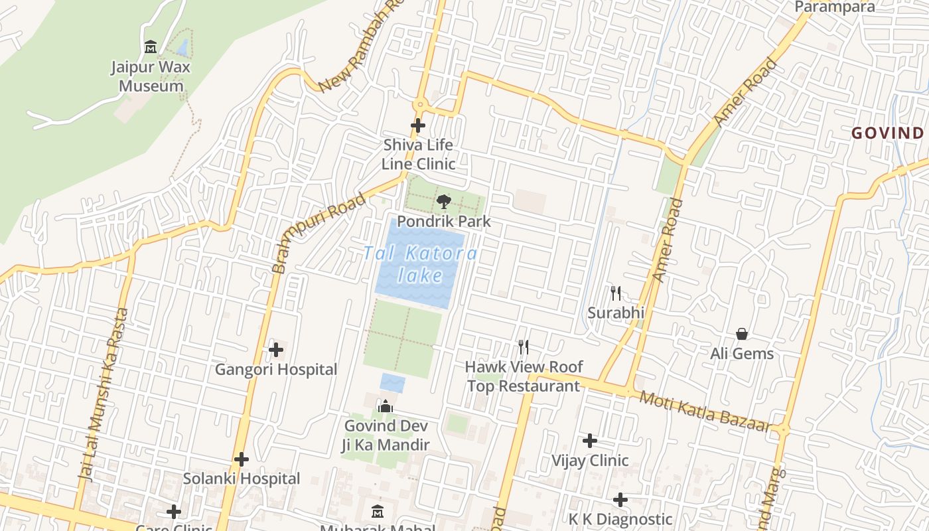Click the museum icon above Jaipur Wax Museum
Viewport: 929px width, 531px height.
pyautogui.click(x=151, y=47)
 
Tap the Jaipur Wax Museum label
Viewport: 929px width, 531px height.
pyautogui.click(x=151, y=76)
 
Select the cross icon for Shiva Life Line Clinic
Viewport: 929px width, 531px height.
pyautogui.click(x=418, y=125)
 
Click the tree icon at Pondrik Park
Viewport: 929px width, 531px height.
pyautogui.click(x=444, y=201)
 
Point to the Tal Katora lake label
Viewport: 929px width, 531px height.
pyautogui.click(x=421, y=264)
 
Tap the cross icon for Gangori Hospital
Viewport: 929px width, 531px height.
pyautogui.click(x=276, y=349)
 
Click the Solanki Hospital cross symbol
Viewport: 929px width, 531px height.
pyautogui.click(x=242, y=459)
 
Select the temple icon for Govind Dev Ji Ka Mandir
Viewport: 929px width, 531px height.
pyautogui.click(x=386, y=406)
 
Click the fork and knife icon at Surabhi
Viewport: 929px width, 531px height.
pyautogui.click(x=616, y=293)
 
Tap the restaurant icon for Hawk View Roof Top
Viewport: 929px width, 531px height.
pyautogui.click(x=524, y=346)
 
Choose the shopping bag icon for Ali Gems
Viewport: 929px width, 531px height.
pyautogui.click(x=742, y=334)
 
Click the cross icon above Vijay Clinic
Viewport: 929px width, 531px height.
pyautogui.click(x=590, y=441)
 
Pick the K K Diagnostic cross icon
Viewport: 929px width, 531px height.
pyautogui.click(x=620, y=499)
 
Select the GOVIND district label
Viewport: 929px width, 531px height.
pyautogui.click(x=889, y=133)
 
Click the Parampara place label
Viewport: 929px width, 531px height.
pyautogui.click(x=835, y=7)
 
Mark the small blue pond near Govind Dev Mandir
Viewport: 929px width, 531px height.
pyautogui.click(x=392, y=383)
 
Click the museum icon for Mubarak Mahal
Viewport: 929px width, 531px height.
pyautogui.click(x=378, y=511)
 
